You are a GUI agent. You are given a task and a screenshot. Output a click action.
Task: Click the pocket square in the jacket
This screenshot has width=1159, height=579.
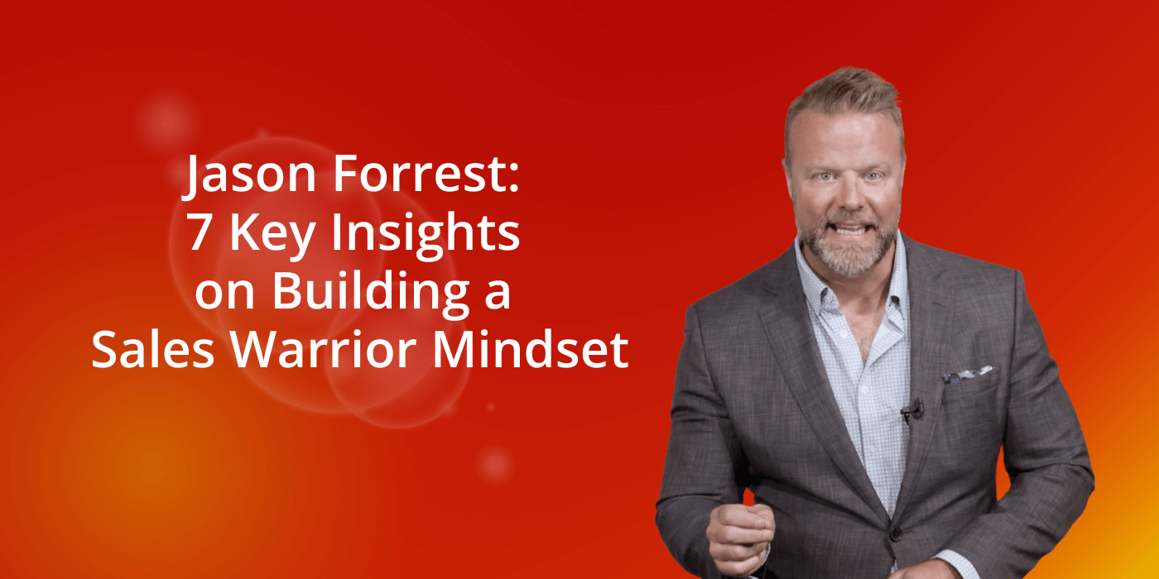tap(966, 374)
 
